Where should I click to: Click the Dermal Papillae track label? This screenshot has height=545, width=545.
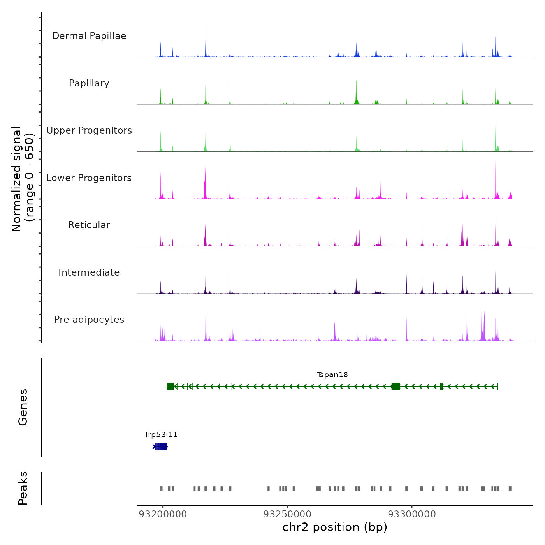[x=89, y=36]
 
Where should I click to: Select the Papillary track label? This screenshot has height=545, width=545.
[x=89, y=83]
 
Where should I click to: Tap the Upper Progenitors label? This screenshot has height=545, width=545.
[x=89, y=130]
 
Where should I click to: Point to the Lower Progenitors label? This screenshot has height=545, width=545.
[x=89, y=178]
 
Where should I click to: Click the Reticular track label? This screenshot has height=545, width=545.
[x=89, y=225]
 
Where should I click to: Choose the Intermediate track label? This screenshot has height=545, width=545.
[x=89, y=272]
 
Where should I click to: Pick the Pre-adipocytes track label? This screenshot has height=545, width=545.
[x=89, y=320]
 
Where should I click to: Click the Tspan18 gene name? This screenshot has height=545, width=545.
[x=332, y=375]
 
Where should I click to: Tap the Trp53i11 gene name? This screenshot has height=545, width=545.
[x=161, y=435]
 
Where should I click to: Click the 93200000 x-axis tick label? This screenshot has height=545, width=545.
[x=163, y=514]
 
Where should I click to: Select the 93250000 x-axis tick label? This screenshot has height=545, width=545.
[x=287, y=514]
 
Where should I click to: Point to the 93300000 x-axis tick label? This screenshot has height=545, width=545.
[x=412, y=514]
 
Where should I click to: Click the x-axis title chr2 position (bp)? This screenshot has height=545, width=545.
[x=335, y=527]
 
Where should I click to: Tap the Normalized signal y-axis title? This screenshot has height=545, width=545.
[x=23, y=179]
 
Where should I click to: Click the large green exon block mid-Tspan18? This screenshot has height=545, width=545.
[x=396, y=386]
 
